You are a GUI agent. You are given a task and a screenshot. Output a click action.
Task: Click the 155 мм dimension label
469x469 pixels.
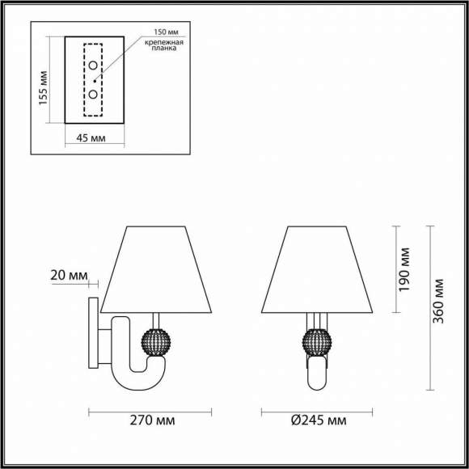(x=45, y=84)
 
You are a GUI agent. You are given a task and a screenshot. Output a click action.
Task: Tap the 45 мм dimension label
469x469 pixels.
(x=94, y=138)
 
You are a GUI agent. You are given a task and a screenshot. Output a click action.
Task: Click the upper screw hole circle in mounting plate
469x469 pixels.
(x=94, y=65)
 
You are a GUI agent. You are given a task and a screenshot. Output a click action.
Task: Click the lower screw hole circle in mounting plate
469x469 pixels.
(x=94, y=95)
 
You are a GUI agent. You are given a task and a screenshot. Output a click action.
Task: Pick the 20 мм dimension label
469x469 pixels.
(x=69, y=276)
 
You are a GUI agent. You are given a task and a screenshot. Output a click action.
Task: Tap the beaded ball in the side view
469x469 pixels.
(x=154, y=340)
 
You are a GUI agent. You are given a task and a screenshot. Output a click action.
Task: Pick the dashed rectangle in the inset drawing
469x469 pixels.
(x=94, y=80)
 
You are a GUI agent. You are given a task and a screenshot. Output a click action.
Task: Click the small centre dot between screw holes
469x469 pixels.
(x=95, y=80)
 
